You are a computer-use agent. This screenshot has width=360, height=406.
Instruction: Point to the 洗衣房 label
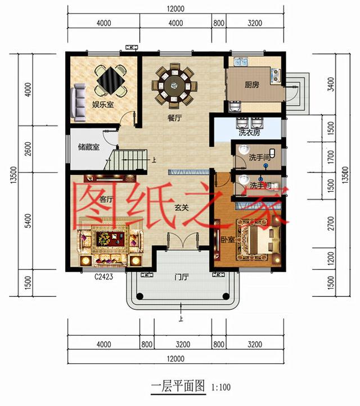tap(249, 133)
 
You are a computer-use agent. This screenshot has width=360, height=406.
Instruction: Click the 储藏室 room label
tap(88, 147)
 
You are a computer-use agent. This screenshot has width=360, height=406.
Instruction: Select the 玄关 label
tap(181, 207)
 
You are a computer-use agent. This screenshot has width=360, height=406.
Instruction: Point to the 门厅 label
tap(181, 277)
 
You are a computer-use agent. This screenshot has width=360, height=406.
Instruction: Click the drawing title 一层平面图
tap(173, 387)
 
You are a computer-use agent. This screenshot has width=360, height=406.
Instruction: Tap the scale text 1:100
tap(221, 387)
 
